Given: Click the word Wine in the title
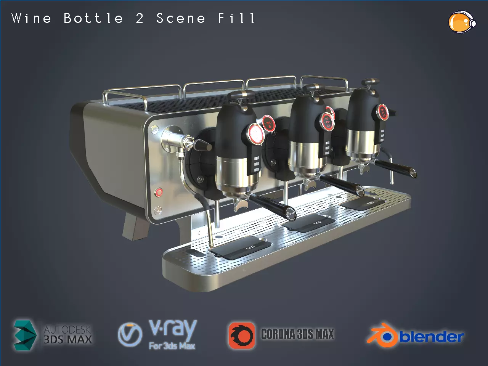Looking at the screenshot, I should (31, 18).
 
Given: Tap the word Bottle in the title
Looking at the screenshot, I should (93, 18).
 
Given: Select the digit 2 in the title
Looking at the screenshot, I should (140, 18).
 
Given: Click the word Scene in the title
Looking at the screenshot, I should (181, 18).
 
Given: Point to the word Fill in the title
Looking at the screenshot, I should (236, 18).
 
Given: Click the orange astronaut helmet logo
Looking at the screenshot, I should (461, 22).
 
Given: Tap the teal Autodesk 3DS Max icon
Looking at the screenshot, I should (25, 335).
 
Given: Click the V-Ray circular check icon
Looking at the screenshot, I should (130, 334).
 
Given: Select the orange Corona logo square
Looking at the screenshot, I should (241, 335).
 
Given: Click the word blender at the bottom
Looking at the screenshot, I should (432, 337).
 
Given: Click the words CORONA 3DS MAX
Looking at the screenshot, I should (297, 334).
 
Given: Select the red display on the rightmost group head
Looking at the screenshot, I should (383, 111).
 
